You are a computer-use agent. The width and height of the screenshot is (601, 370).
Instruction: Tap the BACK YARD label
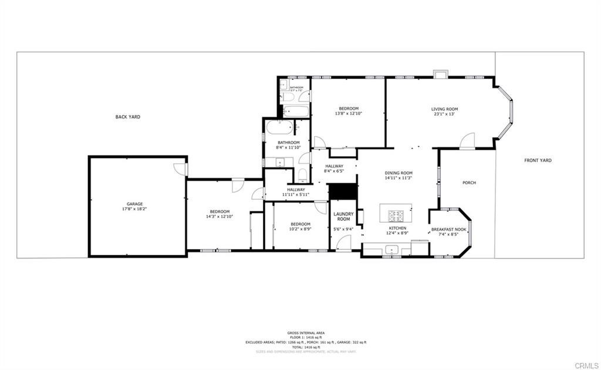[x=127, y=117]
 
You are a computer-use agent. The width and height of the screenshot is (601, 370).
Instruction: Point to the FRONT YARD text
[x=538, y=160]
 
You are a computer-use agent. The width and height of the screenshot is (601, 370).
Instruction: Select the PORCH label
[x=469, y=183]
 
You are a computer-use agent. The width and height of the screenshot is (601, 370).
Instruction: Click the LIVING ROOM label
[x=444, y=109]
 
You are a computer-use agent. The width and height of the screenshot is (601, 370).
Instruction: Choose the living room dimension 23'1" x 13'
[x=444, y=114]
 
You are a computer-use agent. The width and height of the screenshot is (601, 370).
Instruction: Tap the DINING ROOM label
[x=399, y=173]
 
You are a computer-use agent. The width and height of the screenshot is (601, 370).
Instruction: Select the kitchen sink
[x=391, y=250]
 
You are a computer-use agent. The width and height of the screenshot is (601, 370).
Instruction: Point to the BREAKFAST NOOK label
[x=448, y=230]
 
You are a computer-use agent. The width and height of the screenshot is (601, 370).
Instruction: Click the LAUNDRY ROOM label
[x=343, y=216]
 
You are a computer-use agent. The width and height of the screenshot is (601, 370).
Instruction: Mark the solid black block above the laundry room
[x=342, y=191]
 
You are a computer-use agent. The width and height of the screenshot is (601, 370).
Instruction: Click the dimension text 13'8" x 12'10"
[x=348, y=114]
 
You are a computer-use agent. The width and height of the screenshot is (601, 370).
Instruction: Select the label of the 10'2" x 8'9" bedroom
[x=300, y=224]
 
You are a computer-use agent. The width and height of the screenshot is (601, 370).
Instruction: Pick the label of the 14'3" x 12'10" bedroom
[x=220, y=211]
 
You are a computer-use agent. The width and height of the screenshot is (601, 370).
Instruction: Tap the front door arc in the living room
[x=467, y=141]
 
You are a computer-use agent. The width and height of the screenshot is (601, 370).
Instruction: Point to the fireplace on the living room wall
[x=440, y=74]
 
